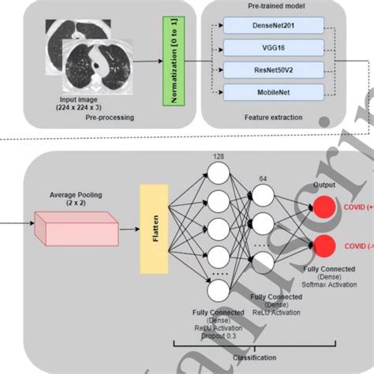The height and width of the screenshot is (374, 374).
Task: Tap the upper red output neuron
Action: [x=323, y=207]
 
